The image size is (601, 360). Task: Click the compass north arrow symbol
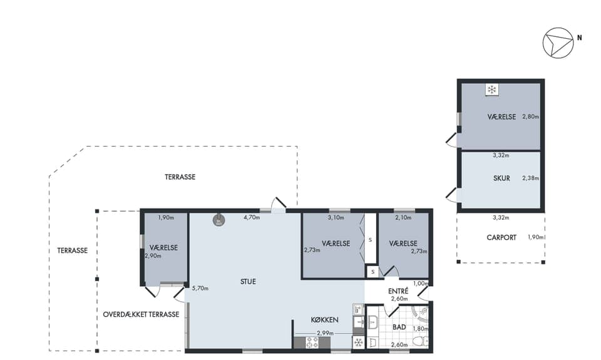pyautogui.click(x=558, y=43)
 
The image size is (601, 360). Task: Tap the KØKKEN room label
pyautogui.click(x=324, y=320)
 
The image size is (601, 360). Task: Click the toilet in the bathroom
pyautogui.click(x=421, y=341)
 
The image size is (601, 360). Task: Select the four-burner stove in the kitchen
pyautogui.click(x=312, y=342)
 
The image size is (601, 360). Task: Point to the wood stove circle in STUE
pyautogui.click(x=219, y=220)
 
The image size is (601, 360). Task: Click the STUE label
pyautogui.click(x=248, y=281)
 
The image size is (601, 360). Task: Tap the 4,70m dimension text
pyautogui.click(x=252, y=218)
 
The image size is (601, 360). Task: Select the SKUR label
pyautogui.click(x=501, y=178)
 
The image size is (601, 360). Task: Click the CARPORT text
pyautogui.click(x=501, y=238)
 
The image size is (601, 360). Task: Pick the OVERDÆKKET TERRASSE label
pyautogui.click(x=141, y=314)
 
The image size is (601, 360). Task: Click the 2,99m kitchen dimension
pyautogui.click(x=325, y=333)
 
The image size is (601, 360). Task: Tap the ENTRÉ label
pyautogui.click(x=398, y=291)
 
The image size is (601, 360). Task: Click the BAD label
pyautogui.click(x=399, y=327)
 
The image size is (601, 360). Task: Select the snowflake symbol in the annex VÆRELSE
pyautogui.click(x=491, y=90)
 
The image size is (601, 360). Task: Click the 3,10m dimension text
pyautogui.click(x=336, y=218)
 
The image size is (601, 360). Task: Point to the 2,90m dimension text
pyautogui.click(x=153, y=256)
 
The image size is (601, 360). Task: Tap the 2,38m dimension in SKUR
pyautogui.click(x=530, y=178)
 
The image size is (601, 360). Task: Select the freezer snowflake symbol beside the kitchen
pyautogui.click(x=358, y=342)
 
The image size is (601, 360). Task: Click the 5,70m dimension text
pyautogui.click(x=200, y=289)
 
